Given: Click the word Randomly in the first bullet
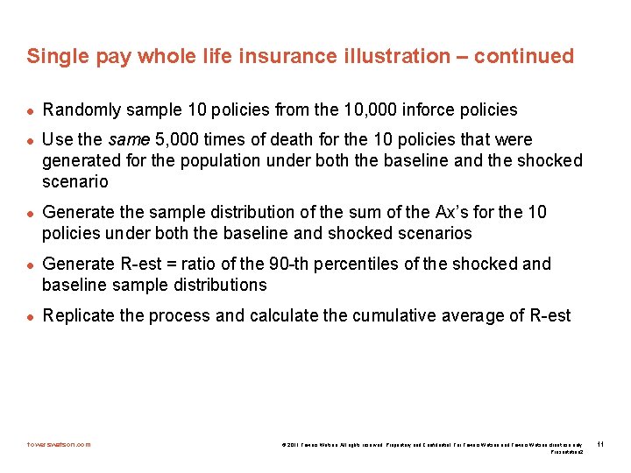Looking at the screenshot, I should coord(81,109).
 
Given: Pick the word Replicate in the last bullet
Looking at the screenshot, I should coord(79,315).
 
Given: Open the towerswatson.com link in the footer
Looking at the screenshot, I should coord(59,444).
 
